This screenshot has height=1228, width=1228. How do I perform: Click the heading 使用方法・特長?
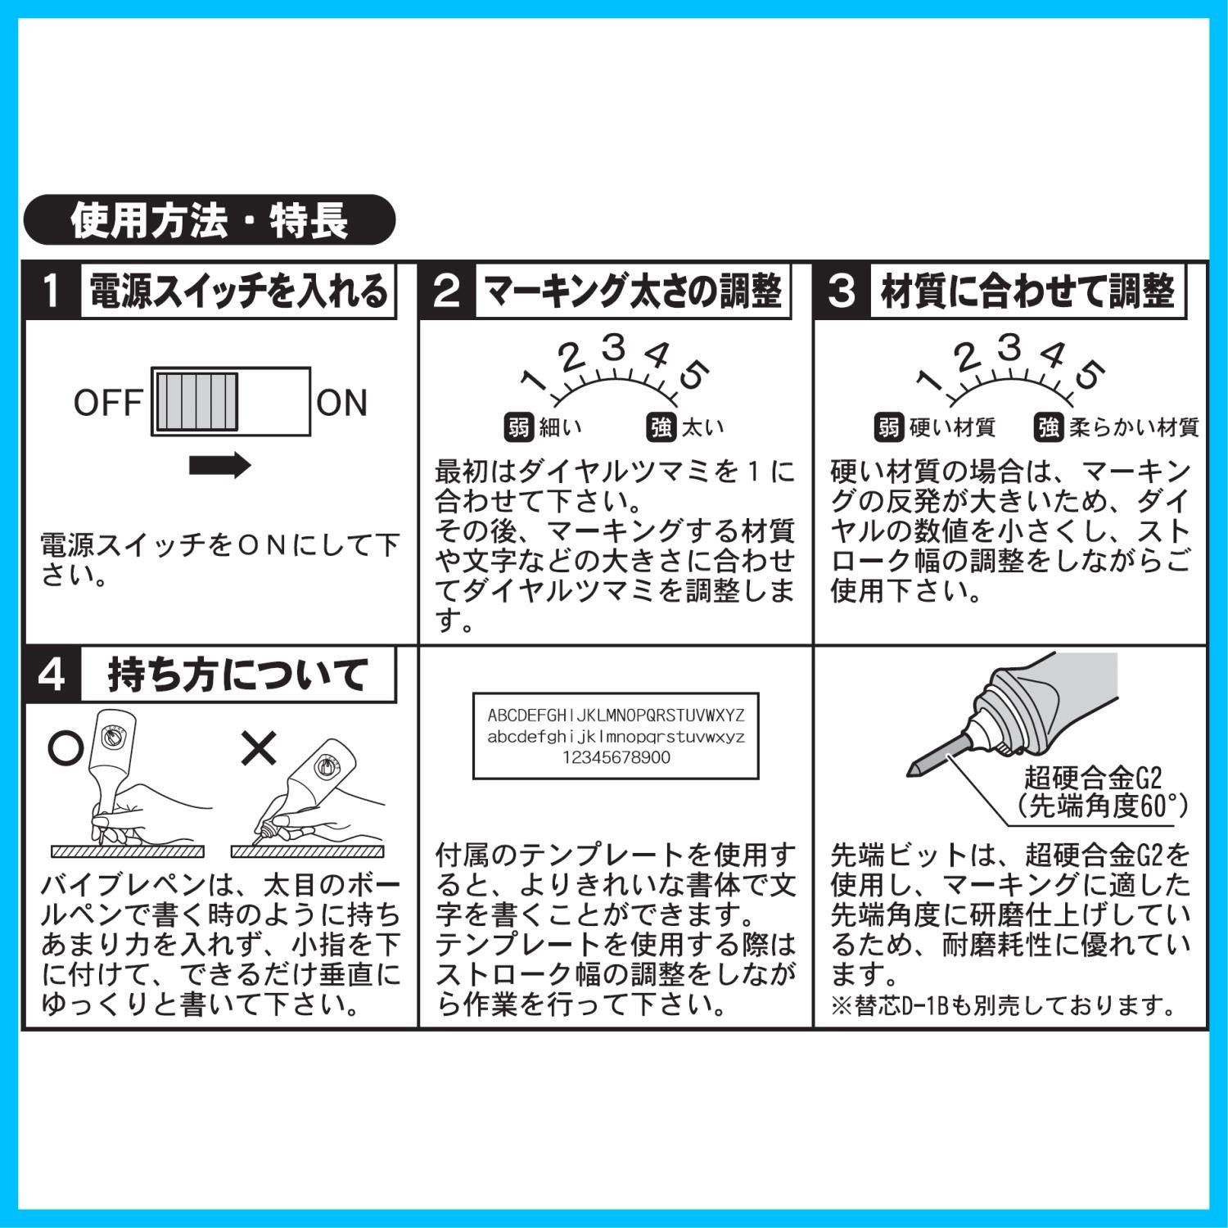coord(210,220)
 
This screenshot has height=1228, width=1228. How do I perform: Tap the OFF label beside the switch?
coord(107,403)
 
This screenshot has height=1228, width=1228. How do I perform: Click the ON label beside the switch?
coord(342,403)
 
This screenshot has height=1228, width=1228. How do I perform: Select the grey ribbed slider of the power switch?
coord(196,402)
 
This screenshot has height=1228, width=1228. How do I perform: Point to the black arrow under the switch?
coord(220,465)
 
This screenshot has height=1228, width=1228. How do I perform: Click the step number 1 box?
coord(52,291)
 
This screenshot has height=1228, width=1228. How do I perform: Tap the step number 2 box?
coord(447,291)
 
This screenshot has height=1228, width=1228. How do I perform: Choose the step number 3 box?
coord(842,291)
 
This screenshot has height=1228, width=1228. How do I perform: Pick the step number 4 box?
coord(52,675)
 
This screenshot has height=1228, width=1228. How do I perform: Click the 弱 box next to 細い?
coord(518,427)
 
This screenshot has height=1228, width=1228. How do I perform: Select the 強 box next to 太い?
coord(661,427)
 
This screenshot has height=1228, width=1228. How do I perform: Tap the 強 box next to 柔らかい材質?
coord(1048,427)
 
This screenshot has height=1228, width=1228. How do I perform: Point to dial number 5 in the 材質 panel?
coord(1090,374)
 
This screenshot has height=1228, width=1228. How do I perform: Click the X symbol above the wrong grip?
coord(259,747)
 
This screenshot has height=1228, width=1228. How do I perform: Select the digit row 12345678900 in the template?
coord(616,757)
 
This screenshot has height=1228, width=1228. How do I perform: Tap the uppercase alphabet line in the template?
coord(616,715)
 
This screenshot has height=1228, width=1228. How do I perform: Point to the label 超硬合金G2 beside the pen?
coord(1093,777)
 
